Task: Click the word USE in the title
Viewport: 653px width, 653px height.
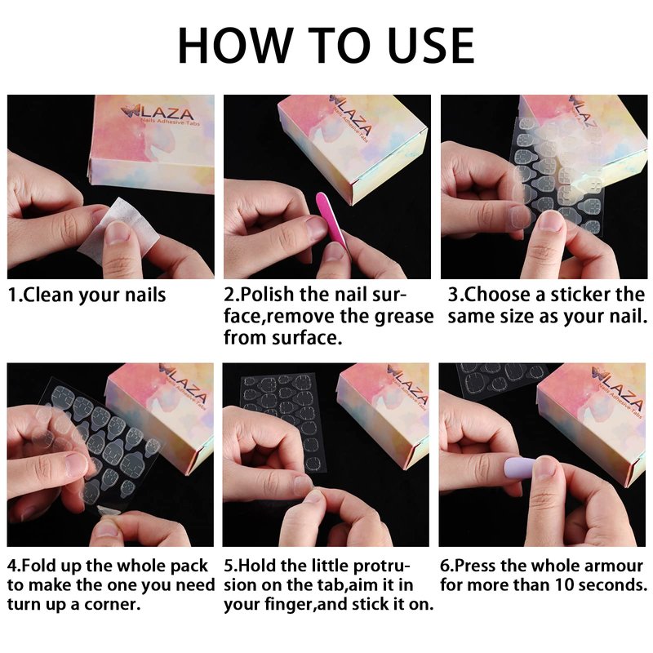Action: pyautogui.click(x=432, y=46)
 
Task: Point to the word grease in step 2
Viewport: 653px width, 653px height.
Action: pyautogui.click(x=403, y=316)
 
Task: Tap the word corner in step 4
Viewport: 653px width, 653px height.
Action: pyautogui.click(x=112, y=604)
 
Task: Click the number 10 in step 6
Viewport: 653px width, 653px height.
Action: pyautogui.click(x=564, y=585)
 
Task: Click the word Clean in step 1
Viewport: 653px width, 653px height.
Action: pyautogui.click(x=48, y=295)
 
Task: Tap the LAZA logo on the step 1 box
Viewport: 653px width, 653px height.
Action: pyautogui.click(x=158, y=113)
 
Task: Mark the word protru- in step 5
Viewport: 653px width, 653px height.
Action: pyautogui.click(x=381, y=566)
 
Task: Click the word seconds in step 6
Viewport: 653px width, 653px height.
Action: pyautogui.click(x=613, y=585)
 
